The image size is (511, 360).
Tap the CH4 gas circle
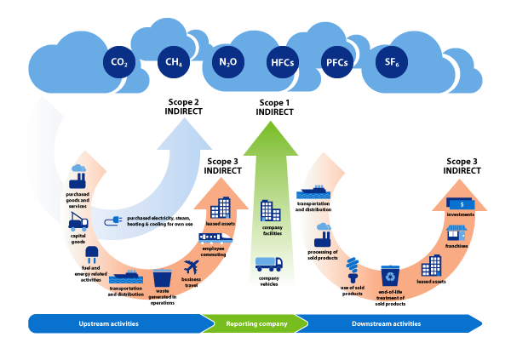pos(172,62)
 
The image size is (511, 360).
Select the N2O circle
pos(227,62)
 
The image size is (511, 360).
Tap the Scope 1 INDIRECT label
pos(274,107)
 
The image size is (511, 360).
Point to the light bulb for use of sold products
pos(353,271)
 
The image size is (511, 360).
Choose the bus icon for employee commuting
pos(213,238)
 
